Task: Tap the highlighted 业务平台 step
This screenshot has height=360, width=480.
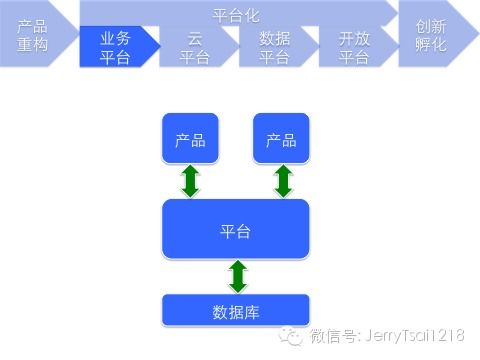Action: tap(114, 47)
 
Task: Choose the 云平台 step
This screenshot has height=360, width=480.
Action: tap(194, 47)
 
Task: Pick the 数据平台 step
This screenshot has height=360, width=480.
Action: tap(274, 47)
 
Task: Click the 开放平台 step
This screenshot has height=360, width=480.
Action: tap(354, 47)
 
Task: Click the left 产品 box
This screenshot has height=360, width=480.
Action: tap(190, 139)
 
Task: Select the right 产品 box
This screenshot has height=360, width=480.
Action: tap(281, 139)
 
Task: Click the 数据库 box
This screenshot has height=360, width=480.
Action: tap(236, 309)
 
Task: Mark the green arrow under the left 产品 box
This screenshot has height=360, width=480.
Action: tap(190, 181)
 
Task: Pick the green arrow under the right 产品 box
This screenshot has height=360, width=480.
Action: tap(283, 181)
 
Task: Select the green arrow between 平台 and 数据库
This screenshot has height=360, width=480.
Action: tap(237, 275)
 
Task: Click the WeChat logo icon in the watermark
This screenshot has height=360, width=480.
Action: tap(291, 335)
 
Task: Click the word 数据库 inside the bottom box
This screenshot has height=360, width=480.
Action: tap(236, 309)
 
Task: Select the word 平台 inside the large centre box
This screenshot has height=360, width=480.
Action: tap(236, 231)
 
